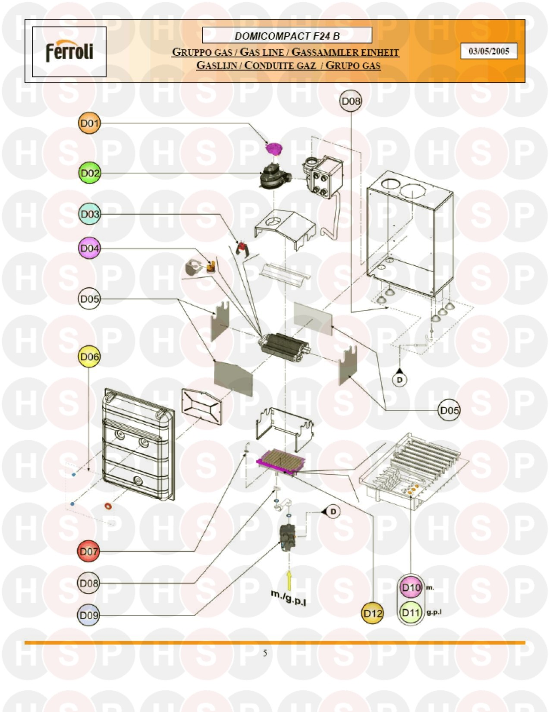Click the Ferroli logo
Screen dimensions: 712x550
(x=69, y=51)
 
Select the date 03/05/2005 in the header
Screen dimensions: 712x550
(x=489, y=51)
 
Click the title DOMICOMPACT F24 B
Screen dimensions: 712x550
(x=287, y=36)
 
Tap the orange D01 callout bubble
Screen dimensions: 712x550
(x=89, y=123)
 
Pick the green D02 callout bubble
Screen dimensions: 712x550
(x=90, y=173)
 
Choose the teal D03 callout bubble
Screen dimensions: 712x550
(x=90, y=214)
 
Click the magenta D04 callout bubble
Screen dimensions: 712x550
(x=89, y=249)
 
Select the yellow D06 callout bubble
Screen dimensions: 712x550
(x=89, y=357)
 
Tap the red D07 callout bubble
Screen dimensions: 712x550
(x=89, y=551)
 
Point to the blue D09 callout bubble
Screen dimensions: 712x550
(x=89, y=615)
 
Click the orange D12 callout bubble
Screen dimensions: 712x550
(x=372, y=613)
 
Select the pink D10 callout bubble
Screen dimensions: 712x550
(x=410, y=588)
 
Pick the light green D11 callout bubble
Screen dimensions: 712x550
(x=410, y=612)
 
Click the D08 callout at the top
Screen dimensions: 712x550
(x=351, y=101)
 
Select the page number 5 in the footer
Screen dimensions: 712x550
(x=265, y=653)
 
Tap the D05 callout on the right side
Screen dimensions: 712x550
(x=449, y=410)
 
